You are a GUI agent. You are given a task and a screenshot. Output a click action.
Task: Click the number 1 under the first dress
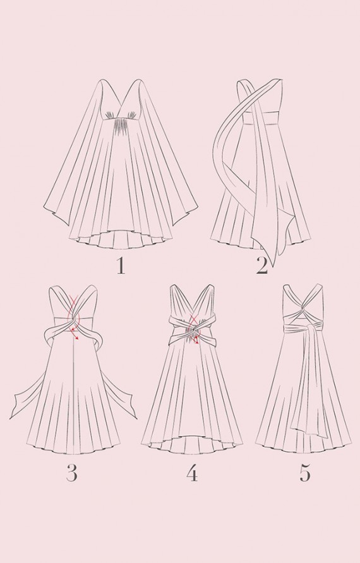pos(121,266)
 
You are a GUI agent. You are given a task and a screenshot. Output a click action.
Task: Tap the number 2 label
pos(262,266)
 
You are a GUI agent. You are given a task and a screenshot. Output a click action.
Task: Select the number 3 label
pos(72,473)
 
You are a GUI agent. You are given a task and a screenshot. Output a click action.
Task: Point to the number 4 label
pos(192,473)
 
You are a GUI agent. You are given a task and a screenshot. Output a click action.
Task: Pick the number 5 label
pos(304,473)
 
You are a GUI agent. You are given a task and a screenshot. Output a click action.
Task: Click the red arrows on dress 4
pos(194,328)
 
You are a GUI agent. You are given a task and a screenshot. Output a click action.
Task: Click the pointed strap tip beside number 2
pos(274,265)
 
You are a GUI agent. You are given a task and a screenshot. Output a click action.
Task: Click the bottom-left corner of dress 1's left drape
pos(45,209)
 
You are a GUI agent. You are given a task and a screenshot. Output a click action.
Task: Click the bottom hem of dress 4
pos(192,445)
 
